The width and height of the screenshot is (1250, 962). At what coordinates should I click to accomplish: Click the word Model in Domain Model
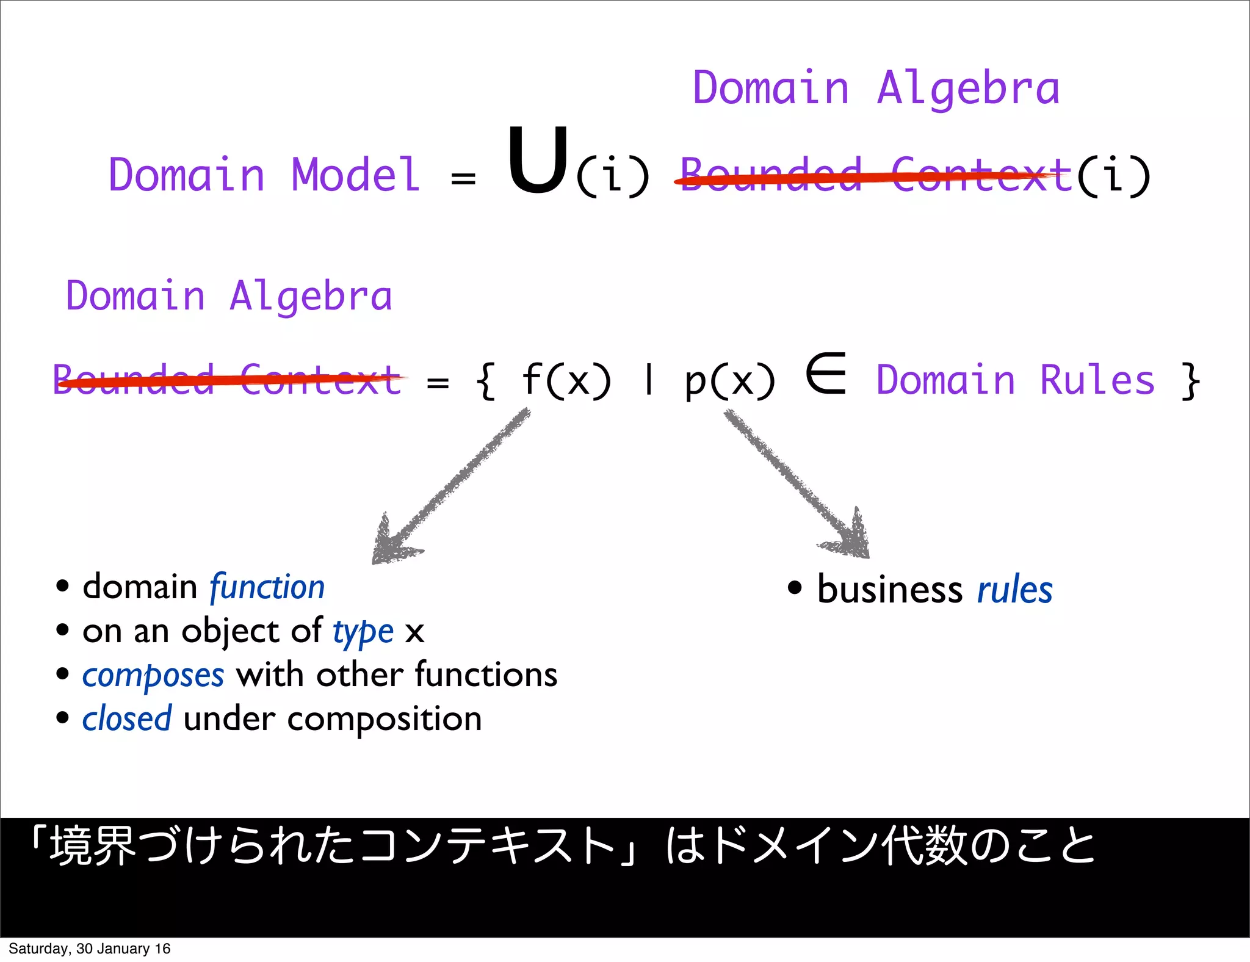click(x=356, y=175)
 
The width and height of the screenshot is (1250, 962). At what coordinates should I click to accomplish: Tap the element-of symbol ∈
click(x=826, y=373)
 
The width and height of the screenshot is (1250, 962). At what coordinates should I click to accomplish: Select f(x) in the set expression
click(x=566, y=380)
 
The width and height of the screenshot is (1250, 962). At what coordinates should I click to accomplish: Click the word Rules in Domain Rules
click(x=1097, y=380)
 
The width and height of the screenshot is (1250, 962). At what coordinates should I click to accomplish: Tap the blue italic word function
click(x=267, y=588)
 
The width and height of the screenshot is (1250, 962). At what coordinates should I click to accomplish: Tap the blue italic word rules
click(x=1014, y=590)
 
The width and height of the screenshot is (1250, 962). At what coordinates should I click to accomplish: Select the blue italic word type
click(x=363, y=632)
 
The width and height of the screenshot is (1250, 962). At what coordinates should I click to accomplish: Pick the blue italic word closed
click(x=127, y=719)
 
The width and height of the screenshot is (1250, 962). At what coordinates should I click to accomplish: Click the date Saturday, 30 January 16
click(x=89, y=949)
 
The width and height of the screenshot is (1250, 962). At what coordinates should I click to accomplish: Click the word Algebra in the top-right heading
click(x=968, y=89)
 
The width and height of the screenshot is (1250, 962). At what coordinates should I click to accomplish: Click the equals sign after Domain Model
click(x=463, y=178)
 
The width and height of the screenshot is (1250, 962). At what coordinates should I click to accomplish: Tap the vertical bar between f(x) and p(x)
click(x=649, y=380)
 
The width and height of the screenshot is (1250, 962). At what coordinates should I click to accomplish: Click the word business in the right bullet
click(x=890, y=590)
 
